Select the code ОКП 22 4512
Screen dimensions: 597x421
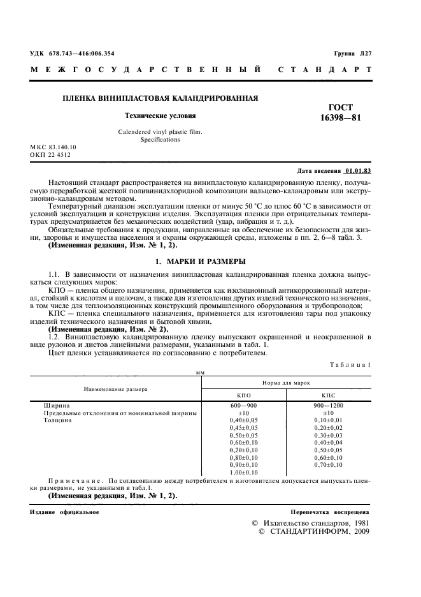(51, 154)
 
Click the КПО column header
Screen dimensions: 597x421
(244, 395)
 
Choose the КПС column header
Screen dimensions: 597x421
(327, 395)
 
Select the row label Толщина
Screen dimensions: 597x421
(57, 420)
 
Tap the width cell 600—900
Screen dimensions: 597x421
(244, 405)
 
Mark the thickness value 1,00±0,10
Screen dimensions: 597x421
(244, 473)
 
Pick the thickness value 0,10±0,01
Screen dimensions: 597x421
(327, 420)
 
